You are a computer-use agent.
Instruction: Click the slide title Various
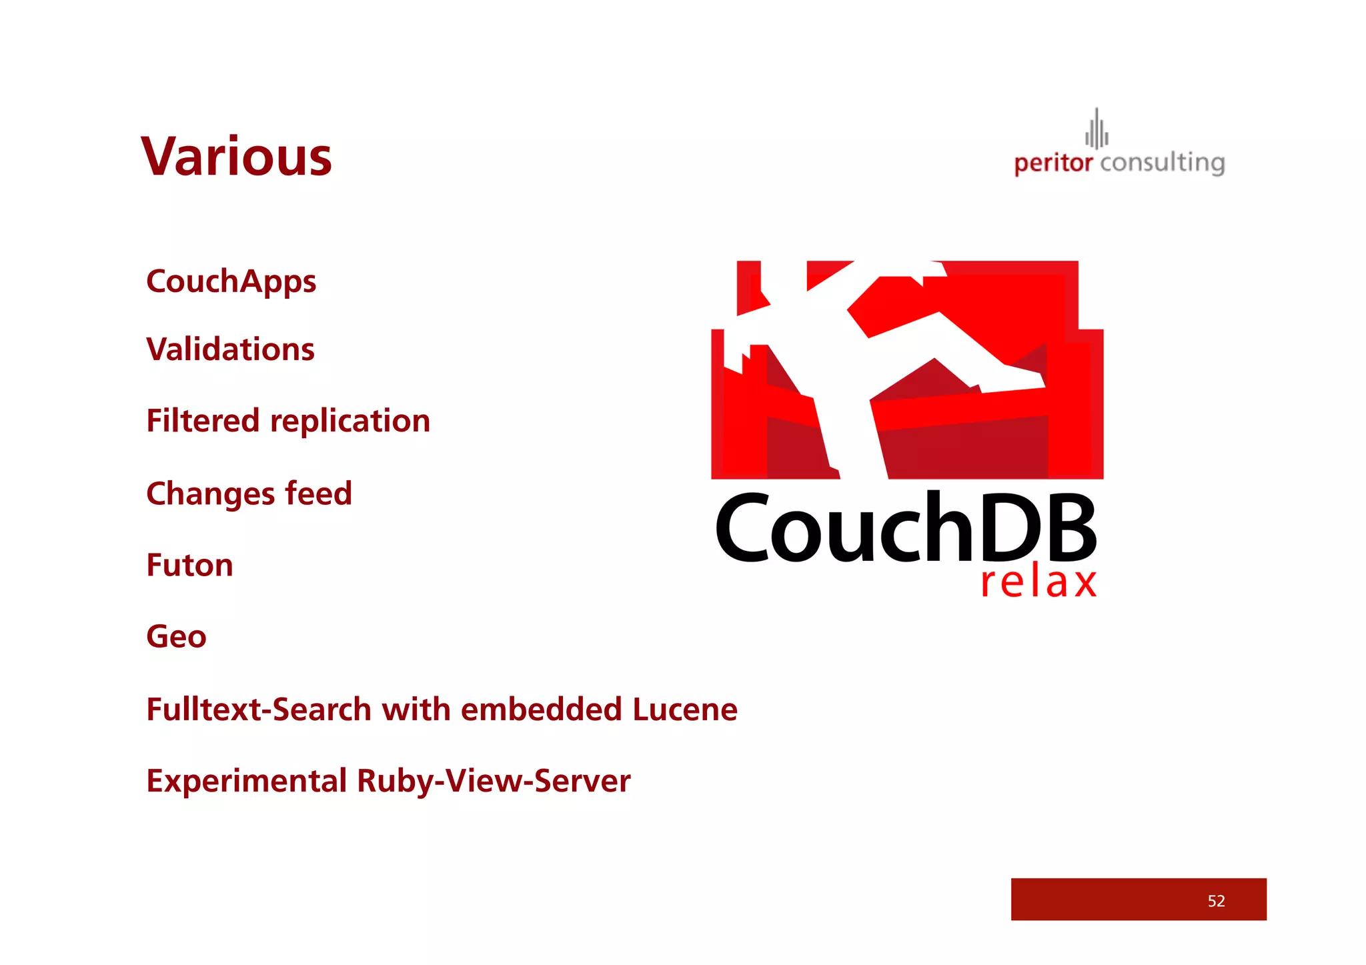click(236, 157)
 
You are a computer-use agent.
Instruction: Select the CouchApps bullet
click(231, 281)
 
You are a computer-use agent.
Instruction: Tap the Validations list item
click(230, 349)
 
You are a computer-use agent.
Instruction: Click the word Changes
click(210, 495)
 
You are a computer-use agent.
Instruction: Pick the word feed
click(318, 494)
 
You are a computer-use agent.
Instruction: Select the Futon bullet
click(189, 566)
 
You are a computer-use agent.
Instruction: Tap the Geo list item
click(176, 637)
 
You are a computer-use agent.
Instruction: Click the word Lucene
click(685, 709)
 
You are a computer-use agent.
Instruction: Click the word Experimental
click(246, 781)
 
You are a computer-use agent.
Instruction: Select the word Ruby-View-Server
click(494, 781)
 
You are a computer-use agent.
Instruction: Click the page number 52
click(1216, 901)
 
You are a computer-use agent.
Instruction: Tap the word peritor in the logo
click(1053, 163)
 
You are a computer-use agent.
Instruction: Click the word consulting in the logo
click(1163, 163)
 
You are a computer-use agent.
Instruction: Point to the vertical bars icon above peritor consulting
click(1097, 129)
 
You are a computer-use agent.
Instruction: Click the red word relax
click(1039, 582)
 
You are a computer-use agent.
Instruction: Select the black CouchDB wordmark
click(906, 528)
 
